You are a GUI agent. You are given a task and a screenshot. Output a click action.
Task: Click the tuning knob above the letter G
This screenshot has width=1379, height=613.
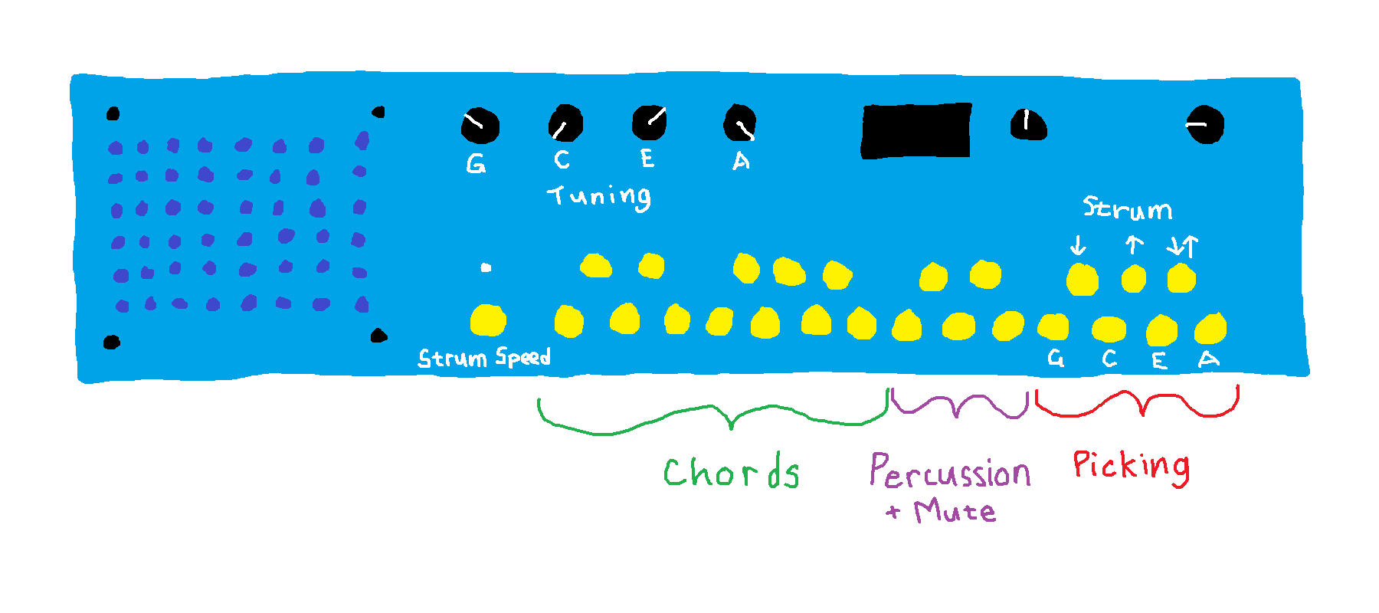[x=480, y=126]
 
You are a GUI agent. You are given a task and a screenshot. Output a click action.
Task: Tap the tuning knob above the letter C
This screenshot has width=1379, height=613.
[x=565, y=124]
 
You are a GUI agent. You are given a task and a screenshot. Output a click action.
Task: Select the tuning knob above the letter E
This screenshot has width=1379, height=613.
[x=649, y=123]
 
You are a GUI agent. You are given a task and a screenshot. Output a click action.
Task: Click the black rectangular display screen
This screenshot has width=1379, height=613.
[x=916, y=131]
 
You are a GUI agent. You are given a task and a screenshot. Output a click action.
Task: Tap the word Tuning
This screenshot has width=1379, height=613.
[x=600, y=197]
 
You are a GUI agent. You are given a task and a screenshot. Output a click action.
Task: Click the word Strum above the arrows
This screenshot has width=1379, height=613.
[x=1127, y=208]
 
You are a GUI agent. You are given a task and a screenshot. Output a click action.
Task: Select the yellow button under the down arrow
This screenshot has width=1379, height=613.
[x=1082, y=280]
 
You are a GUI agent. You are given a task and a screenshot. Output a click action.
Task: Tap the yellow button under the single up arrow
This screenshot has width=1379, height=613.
[x=1133, y=279]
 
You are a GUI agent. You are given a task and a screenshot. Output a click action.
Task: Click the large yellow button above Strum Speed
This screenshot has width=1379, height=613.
[x=487, y=320]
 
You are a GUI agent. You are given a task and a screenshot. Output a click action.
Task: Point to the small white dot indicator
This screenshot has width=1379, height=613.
[x=486, y=267]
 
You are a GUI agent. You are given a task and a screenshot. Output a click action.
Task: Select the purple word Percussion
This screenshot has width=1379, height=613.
[x=950, y=471]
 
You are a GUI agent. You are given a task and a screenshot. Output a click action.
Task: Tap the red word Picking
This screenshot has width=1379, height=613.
[x=1131, y=465]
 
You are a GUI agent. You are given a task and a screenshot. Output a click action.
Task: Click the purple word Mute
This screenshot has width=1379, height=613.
[x=955, y=510]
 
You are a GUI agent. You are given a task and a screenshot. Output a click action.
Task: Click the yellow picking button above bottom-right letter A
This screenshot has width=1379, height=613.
[x=1210, y=329]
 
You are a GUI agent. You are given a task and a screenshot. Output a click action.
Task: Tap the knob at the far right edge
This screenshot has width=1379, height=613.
[x=1204, y=125]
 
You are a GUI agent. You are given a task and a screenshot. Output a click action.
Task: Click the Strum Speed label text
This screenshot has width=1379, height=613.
[x=483, y=358]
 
